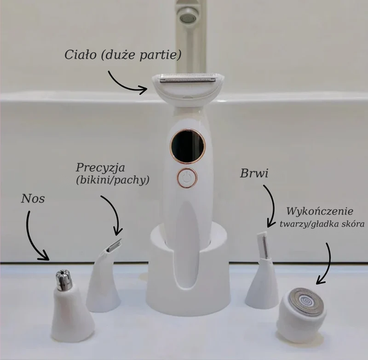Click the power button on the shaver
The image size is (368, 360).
[187, 178]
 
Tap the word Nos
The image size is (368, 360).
[32, 199]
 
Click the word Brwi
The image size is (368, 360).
[254, 173]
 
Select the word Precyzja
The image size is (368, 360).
[100, 168]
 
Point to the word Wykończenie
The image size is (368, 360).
[320, 211]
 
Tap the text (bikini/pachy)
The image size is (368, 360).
[113, 180]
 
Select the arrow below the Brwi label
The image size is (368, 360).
[273, 206]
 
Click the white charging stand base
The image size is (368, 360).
[188, 272]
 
